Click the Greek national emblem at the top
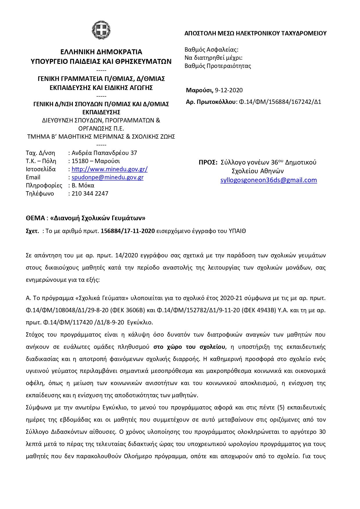101,30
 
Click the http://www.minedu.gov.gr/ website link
109,169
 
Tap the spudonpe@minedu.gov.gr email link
107,177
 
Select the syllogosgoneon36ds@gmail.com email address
268,180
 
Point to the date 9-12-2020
229,90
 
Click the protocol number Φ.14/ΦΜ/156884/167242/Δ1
280,102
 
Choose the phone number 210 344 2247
90,194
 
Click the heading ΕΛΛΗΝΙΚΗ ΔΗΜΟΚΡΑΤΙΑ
101,52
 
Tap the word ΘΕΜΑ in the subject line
35,218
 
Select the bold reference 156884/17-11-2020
128,231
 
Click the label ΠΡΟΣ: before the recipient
208,162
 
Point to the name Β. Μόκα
83,185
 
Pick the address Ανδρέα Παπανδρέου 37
104,153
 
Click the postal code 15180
80,161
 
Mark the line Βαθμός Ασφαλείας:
211,50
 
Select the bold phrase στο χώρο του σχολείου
189,347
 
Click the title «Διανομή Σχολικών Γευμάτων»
98,218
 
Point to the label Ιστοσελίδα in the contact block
41,169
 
